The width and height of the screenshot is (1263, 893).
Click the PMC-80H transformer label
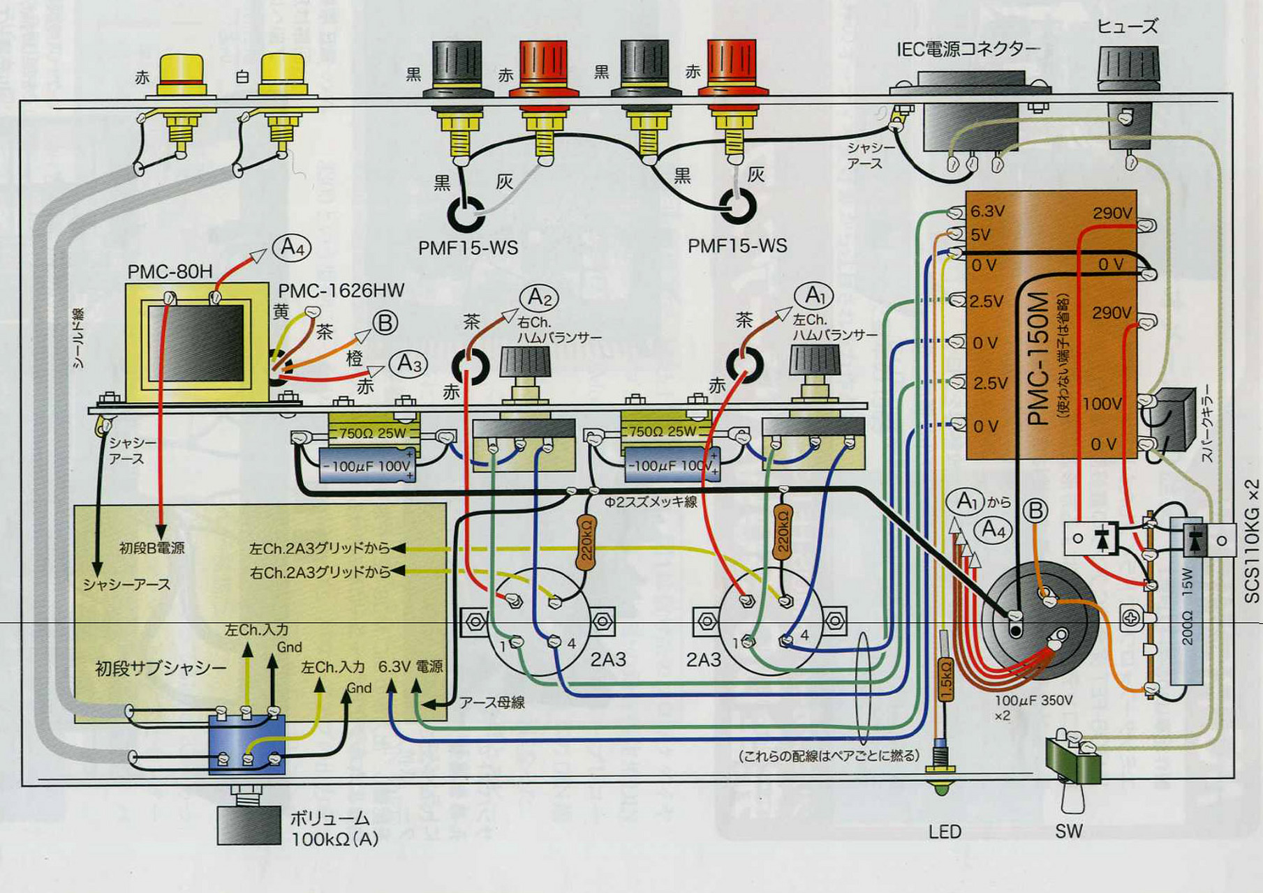click(170, 271)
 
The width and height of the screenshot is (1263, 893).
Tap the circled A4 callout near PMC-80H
click(291, 247)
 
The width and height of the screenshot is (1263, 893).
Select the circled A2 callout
click(539, 298)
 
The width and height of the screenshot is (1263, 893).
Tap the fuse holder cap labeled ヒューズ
click(1128, 66)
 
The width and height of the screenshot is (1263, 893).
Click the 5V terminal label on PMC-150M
click(981, 234)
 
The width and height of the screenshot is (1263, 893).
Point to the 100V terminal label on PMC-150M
click(1102, 404)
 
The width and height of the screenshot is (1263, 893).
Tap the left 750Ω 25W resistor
click(373, 433)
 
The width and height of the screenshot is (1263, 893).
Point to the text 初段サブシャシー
click(161, 668)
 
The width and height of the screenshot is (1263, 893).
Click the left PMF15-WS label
click(468, 248)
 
